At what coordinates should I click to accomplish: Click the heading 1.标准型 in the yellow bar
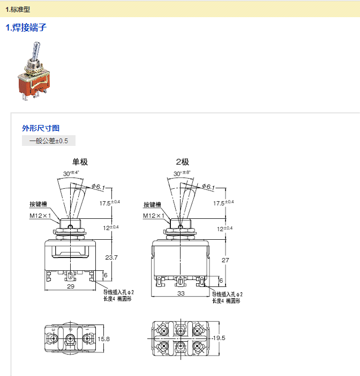(x=18, y=9)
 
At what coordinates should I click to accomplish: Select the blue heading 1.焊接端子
(x=26, y=27)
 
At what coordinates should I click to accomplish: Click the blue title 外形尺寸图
(x=40, y=128)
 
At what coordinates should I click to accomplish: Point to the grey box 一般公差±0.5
(x=49, y=141)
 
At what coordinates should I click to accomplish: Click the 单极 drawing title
(x=80, y=161)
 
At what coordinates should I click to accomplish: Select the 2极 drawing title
(x=182, y=161)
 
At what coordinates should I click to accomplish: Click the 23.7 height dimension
(x=111, y=257)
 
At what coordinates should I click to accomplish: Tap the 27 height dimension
(x=225, y=260)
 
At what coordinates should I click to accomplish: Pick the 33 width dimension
(x=181, y=293)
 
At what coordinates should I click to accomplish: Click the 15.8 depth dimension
(x=104, y=339)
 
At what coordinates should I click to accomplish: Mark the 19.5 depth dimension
(x=219, y=338)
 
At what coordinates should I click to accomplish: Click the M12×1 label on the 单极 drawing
(x=40, y=216)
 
